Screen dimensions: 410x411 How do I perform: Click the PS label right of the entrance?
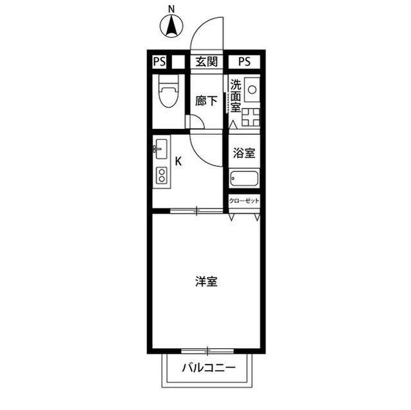pyautogui.click(x=244, y=62)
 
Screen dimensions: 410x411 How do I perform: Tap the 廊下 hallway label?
pyautogui.click(x=206, y=101)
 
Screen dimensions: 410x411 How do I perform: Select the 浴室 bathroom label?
pyautogui.click(x=244, y=153)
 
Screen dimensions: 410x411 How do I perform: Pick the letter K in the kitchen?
pyautogui.click(x=179, y=162)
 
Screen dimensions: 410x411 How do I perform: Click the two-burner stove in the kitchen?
pyautogui.click(x=161, y=175)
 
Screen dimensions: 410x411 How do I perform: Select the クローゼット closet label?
pyautogui.click(x=245, y=201)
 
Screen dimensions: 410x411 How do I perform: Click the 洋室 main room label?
pyautogui.click(x=206, y=281)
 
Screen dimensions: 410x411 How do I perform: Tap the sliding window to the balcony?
pyautogui.click(x=207, y=350)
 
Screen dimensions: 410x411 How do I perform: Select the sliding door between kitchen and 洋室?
pyautogui.click(x=197, y=210)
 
